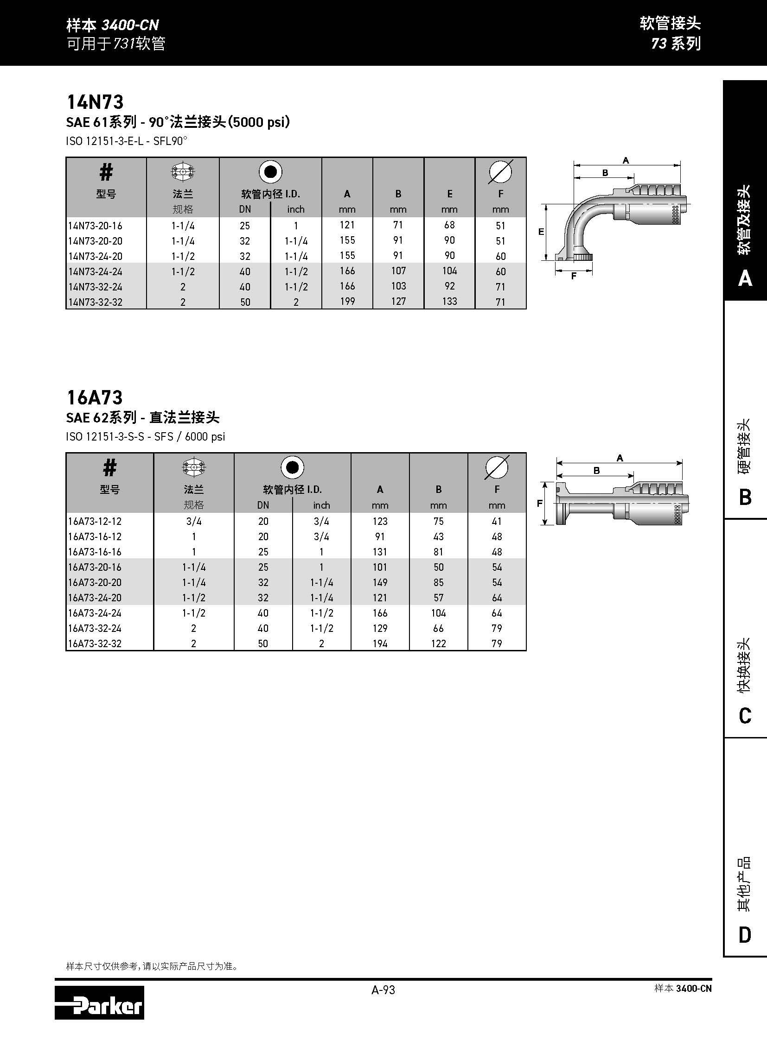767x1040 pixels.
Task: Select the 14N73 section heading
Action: coord(95,102)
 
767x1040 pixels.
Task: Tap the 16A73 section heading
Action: coord(95,397)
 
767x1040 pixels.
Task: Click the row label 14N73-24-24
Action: coord(95,271)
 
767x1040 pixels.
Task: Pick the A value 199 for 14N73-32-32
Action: coord(347,302)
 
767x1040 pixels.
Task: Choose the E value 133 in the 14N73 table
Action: coord(449,302)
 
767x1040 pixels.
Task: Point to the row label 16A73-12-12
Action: coord(95,522)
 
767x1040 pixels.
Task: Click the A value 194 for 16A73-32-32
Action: coord(380,643)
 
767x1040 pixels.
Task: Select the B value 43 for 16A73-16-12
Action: coord(438,537)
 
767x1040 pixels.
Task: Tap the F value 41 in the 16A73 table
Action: coord(497,522)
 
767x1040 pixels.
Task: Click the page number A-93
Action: coord(383,990)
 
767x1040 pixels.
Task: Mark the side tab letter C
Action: coord(745,716)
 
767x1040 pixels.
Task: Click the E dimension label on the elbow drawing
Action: coord(541,232)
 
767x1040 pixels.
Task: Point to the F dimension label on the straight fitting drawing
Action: coord(539,503)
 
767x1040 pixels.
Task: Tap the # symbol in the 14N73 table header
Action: coord(106,172)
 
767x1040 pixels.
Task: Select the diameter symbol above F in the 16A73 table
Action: coord(497,467)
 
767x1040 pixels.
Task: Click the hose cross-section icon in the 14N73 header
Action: coord(270,172)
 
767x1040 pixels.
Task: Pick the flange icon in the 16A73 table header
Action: coord(194,468)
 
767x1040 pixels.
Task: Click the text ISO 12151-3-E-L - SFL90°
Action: coord(126,140)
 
